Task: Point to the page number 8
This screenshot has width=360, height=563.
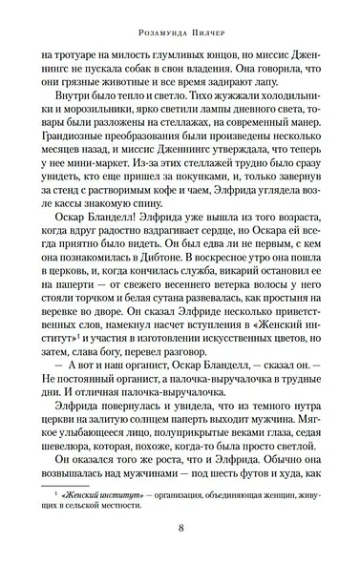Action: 180,531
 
